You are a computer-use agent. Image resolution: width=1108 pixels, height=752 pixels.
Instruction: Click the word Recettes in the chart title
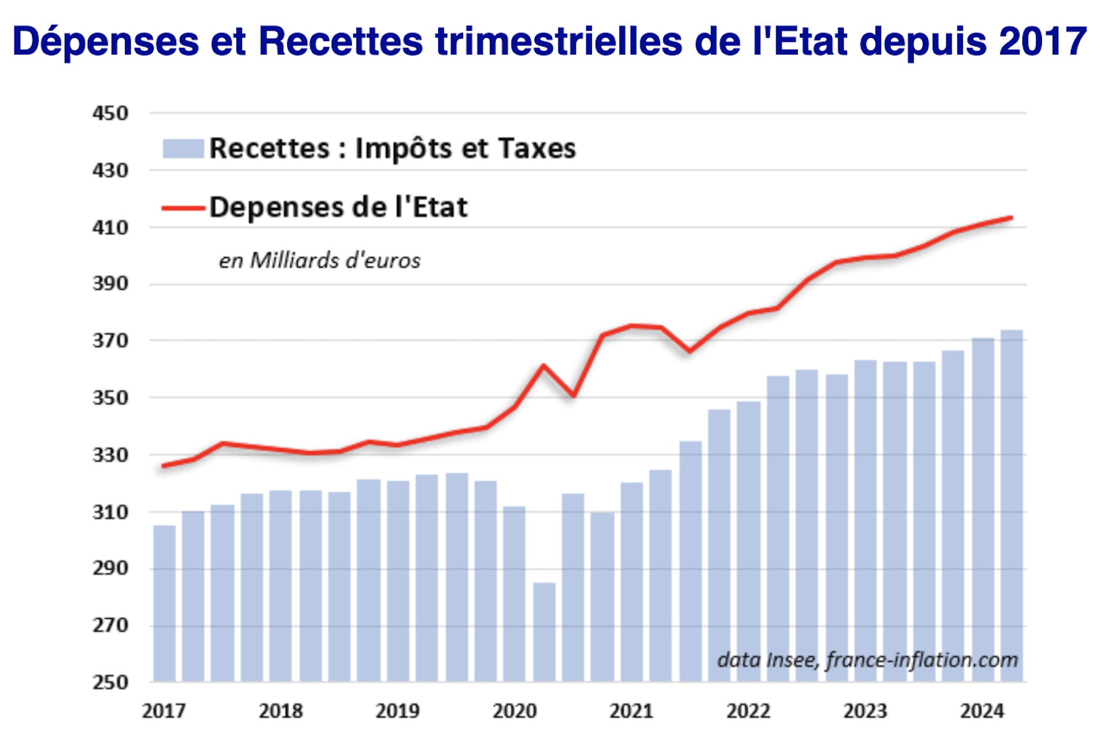340,41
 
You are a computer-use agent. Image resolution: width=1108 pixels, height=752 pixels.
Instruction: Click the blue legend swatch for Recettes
183,148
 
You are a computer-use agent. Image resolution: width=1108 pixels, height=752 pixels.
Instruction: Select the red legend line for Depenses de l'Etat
183,208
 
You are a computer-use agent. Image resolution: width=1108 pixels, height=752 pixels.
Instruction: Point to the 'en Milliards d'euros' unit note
319,260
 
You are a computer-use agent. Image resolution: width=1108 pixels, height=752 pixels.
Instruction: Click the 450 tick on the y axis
110,113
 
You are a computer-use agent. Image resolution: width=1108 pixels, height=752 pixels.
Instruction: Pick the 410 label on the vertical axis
110,228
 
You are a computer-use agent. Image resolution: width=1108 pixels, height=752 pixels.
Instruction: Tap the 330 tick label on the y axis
110,454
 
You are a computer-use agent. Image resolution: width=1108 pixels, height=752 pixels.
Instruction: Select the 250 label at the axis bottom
110,682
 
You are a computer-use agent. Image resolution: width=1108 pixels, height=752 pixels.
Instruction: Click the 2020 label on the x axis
514,711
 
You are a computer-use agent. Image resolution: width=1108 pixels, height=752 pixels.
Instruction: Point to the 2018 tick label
281,711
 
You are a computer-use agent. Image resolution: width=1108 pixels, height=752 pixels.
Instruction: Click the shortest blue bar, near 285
544,632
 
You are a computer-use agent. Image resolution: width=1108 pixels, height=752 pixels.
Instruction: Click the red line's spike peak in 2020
544,366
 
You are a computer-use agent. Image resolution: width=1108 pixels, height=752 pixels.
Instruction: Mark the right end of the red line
1011,218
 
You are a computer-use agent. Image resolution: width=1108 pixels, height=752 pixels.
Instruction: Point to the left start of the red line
163,466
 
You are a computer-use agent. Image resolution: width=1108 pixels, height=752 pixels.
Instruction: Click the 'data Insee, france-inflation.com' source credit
867,660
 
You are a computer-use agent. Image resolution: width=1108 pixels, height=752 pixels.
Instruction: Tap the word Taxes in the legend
537,148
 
